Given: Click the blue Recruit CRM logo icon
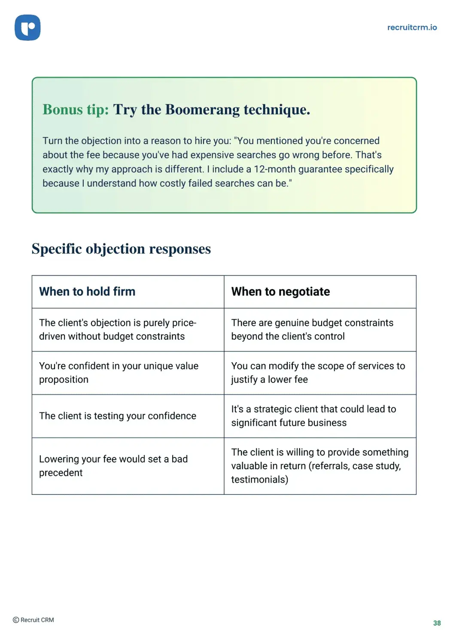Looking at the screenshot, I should pos(27,27).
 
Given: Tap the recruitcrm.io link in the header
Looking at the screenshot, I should pos(412,27).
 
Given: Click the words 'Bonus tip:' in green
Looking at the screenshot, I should pos(76,110).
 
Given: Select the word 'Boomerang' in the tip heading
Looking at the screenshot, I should pos(203,110).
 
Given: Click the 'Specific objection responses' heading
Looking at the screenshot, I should pos(121,249).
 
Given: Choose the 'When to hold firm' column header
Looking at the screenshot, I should pos(87,292).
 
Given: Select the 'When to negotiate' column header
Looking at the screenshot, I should pos(280,292).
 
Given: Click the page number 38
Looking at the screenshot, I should pos(437,623).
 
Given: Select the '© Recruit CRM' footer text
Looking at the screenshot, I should pos(33,620).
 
